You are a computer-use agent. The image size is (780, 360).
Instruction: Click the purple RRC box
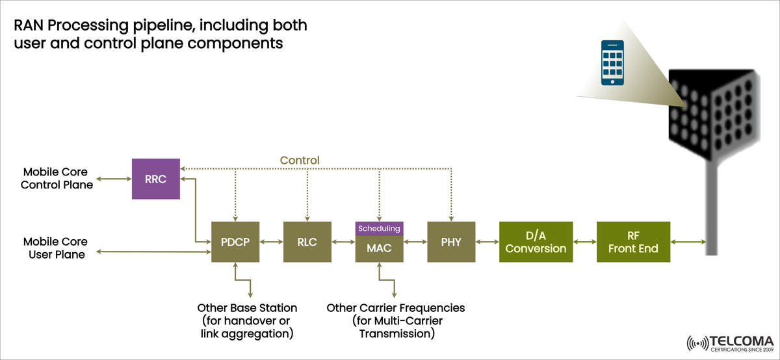(x=156, y=179)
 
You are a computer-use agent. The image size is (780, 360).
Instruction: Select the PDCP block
(x=235, y=242)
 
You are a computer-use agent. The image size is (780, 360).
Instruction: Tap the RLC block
(x=307, y=242)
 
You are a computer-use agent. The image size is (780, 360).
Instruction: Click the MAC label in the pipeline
(x=379, y=248)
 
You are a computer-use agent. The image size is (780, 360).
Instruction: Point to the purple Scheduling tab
(x=379, y=228)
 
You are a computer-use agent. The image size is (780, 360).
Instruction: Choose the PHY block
(x=451, y=242)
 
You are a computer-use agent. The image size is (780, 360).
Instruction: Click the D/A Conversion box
(x=536, y=242)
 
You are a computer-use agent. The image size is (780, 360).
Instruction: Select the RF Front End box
(x=634, y=242)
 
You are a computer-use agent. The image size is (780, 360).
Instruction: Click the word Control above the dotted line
(x=300, y=160)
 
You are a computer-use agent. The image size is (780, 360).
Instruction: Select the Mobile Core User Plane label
(x=57, y=248)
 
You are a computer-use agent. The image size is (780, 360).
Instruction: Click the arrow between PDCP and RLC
(x=271, y=242)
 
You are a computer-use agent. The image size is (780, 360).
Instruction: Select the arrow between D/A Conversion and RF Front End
(x=584, y=242)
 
